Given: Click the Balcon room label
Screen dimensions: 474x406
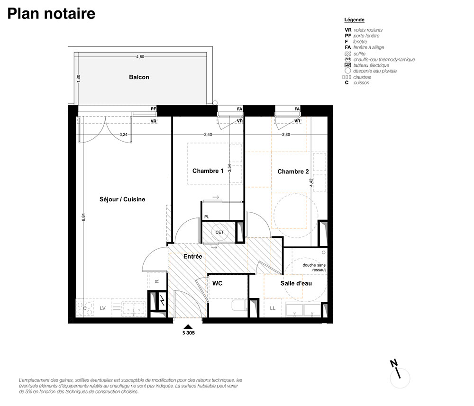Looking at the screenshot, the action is pyautogui.click(x=139, y=77).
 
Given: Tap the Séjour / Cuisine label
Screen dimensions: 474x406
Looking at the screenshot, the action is pyautogui.click(x=122, y=199).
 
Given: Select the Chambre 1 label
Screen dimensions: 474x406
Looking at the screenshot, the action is pyautogui.click(x=208, y=171).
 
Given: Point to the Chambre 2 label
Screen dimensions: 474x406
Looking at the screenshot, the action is pyautogui.click(x=293, y=171).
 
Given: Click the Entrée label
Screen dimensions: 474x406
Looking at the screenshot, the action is pyautogui.click(x=193, y=256).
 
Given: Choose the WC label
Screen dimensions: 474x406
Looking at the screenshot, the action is pyautogui.click(x=218, y=283).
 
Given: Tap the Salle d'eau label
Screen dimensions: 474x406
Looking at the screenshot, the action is pyautogui.click(x=296, y=283).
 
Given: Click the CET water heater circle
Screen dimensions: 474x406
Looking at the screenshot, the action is pyautogui.click(x=219, y=232).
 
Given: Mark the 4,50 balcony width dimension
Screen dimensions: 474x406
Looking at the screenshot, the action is pyautogui.click(x=140, y=57).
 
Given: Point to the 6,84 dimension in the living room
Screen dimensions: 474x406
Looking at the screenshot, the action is pyautogui.click(x=83, y=217).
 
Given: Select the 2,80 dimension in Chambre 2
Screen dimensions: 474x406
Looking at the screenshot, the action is pyautogui.click(x=286, y=135).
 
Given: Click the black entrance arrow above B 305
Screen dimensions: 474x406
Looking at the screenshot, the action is pyautogui.click(x=188, y=326).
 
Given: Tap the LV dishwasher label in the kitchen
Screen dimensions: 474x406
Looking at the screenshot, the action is pyautogui.click(x=103, y=308).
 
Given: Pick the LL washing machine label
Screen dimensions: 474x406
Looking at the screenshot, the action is pyautogui.click(x=273, y=308).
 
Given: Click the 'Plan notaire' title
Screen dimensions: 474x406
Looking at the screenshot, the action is pyautogui.click(x=51, y=14).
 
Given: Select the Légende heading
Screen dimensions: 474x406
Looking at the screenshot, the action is pyautogui.click(x=354, y=20).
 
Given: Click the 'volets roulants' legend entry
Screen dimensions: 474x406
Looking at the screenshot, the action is pyautogui.click(x=368, y=30).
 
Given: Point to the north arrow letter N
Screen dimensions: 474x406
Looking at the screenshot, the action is pyautogui.click(x=393, y=363).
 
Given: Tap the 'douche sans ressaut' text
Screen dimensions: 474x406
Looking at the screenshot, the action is pyautogui.click(x=314, y=267).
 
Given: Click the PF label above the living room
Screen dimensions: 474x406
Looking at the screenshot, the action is pyautogui.click(x=154, y=109).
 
